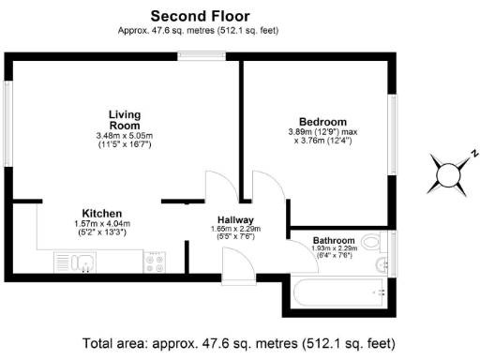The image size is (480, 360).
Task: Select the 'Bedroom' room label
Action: [322, 123]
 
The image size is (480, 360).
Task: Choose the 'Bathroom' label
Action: [333, 240]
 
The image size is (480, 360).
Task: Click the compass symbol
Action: [453, 173]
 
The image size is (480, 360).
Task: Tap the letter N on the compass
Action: [474, 153]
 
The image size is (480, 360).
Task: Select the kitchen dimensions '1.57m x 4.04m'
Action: [101, 224]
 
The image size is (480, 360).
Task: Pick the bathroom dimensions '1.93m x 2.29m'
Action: [333, 248]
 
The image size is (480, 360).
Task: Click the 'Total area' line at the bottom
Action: [238, 342]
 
